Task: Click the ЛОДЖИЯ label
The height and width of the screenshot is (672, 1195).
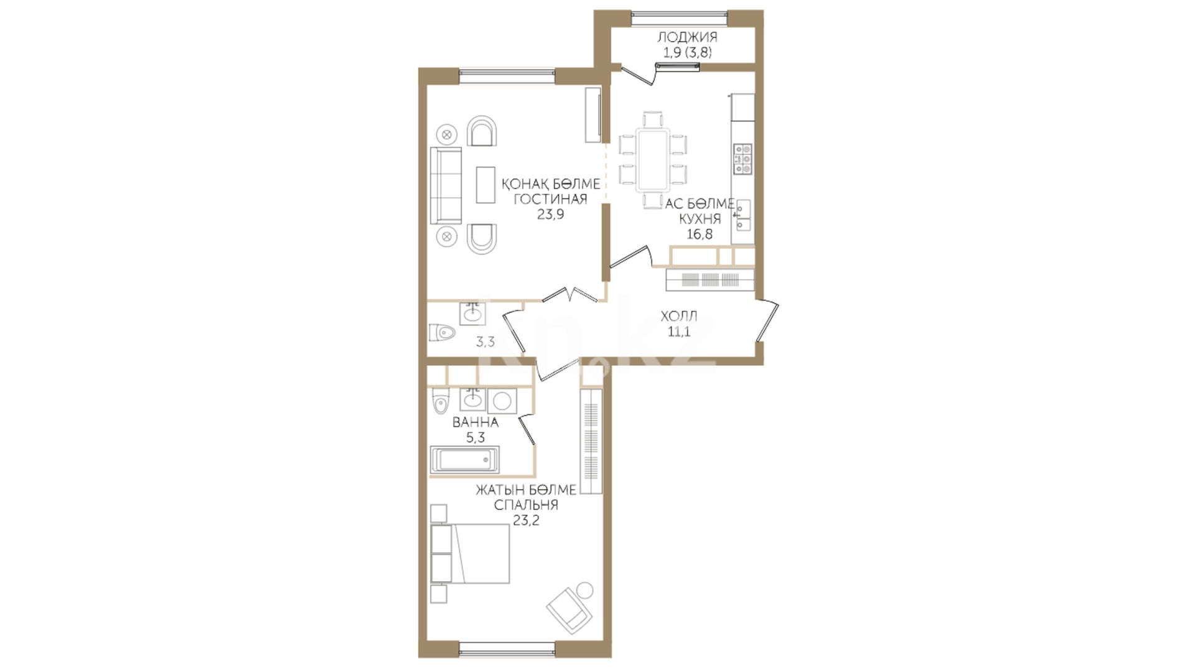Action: click(x=687, y=37)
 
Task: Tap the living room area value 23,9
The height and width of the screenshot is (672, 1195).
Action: click(x=550, y=215)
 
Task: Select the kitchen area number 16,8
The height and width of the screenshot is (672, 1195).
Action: click(x=699, y=235)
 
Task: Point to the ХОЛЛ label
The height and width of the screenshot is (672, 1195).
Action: click(x=679, y=316)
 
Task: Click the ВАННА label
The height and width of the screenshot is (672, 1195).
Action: click(x=476, y=422)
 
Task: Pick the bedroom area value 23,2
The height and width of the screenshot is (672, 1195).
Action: click(x=526, y=521)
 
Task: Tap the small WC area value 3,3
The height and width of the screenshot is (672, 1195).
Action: click(x=485, y=342)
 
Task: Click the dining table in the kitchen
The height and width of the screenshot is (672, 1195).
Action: click(x=653, y=159)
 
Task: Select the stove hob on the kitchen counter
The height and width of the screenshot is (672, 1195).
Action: click(x=743, y=159)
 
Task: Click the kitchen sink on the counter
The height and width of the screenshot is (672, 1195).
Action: click(x=743, y=215)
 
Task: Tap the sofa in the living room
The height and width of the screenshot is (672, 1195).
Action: click(x=446, y=185)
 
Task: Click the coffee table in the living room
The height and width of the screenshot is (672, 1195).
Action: click(x=485, y=184)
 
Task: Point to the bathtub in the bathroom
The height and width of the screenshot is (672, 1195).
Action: click(x=464, y=460)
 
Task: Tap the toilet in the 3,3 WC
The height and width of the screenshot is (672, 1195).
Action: click(x=442, y=333)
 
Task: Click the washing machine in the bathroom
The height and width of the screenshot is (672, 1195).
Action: click(x=502, y=401)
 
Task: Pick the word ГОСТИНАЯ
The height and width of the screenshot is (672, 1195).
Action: click(x=550, y=199)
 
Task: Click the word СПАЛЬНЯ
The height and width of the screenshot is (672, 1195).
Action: click(x=526, y=505)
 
